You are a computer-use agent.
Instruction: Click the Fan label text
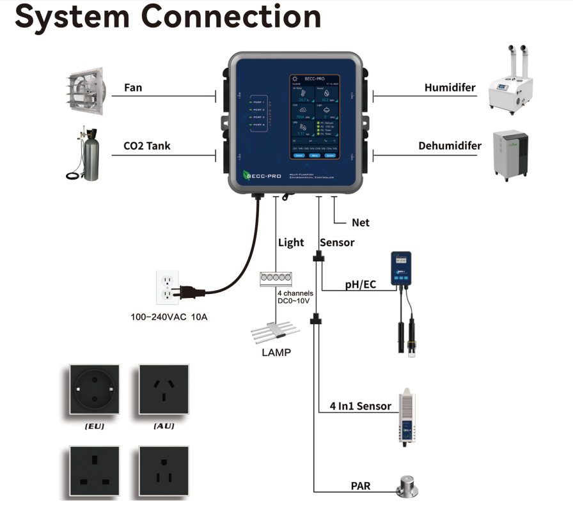tap(133, 88)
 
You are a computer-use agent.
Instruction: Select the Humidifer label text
tap(450, 88)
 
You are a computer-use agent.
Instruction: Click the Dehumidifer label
tap(450, 145)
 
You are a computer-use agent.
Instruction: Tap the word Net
tap(361, 223)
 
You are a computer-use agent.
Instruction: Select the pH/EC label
tap(361, 284)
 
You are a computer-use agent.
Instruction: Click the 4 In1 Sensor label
tap(360, 406)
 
